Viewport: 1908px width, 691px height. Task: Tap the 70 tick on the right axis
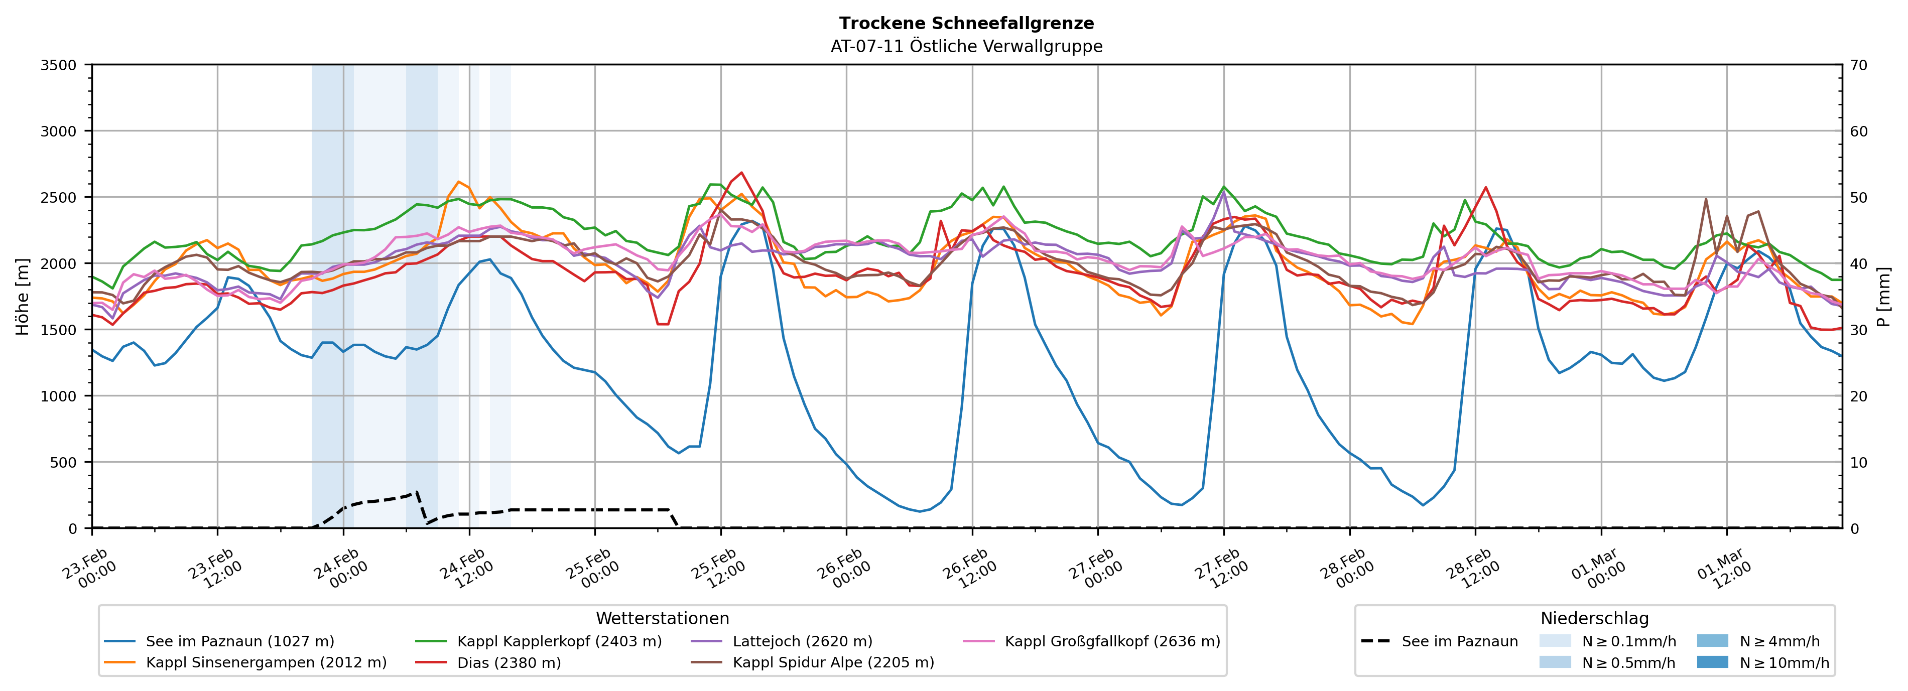[1859, 65]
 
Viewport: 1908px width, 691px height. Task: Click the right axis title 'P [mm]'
[1883, 296]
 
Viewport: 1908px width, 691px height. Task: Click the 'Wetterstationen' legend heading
[662, 618]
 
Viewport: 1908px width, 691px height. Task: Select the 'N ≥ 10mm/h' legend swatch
[1712, 662]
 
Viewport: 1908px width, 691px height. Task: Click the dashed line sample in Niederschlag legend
[1375, 641]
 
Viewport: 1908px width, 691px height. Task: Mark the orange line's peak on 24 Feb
[458, 182]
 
